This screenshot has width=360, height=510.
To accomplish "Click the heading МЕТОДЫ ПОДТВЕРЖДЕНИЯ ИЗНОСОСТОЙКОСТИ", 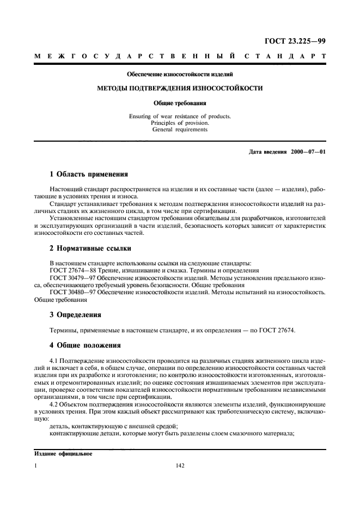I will (180, 87).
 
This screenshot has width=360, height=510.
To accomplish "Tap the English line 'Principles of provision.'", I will (180, 123).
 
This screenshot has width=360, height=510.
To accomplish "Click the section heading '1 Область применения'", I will (89, 175).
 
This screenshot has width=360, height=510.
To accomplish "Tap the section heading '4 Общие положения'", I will (85, 345).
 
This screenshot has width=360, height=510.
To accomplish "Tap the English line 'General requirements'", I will (180, 130).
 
